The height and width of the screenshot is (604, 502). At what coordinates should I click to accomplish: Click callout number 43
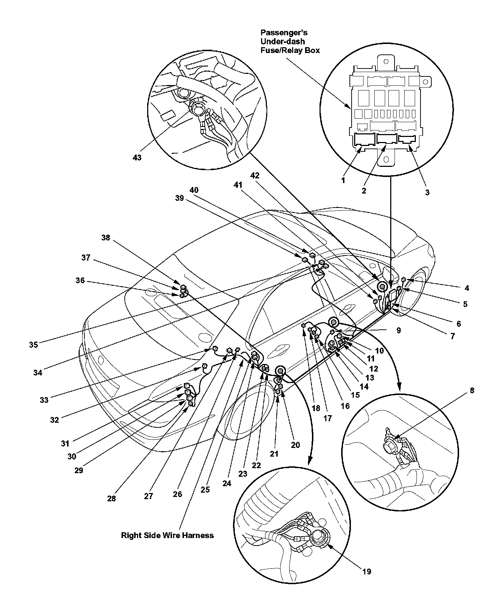[137, 157]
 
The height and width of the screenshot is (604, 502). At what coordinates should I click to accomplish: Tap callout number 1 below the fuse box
[343, 180]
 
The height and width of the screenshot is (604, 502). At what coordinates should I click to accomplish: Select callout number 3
[427, 192]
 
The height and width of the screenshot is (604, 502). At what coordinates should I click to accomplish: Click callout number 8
[472, 390]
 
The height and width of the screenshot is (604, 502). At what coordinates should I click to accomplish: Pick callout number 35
[34, 345]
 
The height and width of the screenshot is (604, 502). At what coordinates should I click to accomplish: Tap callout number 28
[111, 498]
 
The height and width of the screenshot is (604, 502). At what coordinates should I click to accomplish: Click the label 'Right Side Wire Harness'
[167, 535]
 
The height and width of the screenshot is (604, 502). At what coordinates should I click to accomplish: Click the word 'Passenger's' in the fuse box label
[284, 33]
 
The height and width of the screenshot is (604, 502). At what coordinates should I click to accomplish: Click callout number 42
[255, 176]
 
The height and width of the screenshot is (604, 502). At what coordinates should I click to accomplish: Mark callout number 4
[467, 288]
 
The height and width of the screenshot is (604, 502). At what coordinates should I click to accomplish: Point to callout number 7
[452, 336]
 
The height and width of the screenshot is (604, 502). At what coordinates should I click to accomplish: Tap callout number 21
[274, 454]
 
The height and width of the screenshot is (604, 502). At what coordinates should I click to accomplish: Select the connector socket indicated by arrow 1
[364, 140]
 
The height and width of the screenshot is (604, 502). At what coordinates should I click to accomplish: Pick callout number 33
[44, 400]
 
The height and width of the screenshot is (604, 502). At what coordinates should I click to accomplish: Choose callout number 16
[345, 406]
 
